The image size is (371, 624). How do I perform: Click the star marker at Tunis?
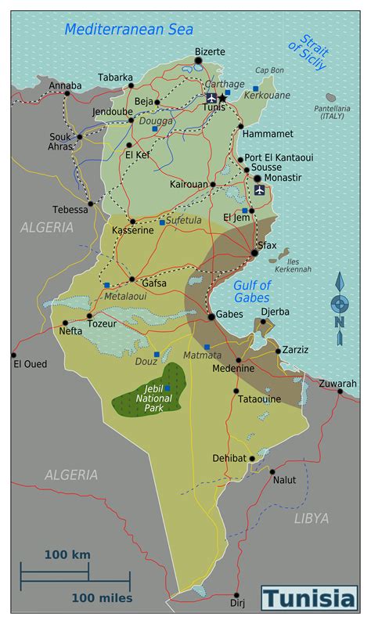tap(222, 98)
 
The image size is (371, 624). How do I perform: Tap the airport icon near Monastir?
tap(260, 190)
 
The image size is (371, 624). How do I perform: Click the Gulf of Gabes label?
tap(252, 291)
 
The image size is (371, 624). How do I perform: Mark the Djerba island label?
tap(275, 312)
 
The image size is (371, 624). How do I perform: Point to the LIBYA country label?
tap(311, 518)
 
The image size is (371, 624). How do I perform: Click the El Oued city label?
tap(30, 364)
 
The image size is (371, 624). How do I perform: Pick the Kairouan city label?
tap(189, 185)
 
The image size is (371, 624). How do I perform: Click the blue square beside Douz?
tap(156, 355)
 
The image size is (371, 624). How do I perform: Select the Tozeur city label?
tap(102, 323)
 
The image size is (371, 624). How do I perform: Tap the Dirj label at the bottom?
tap(237, 604)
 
